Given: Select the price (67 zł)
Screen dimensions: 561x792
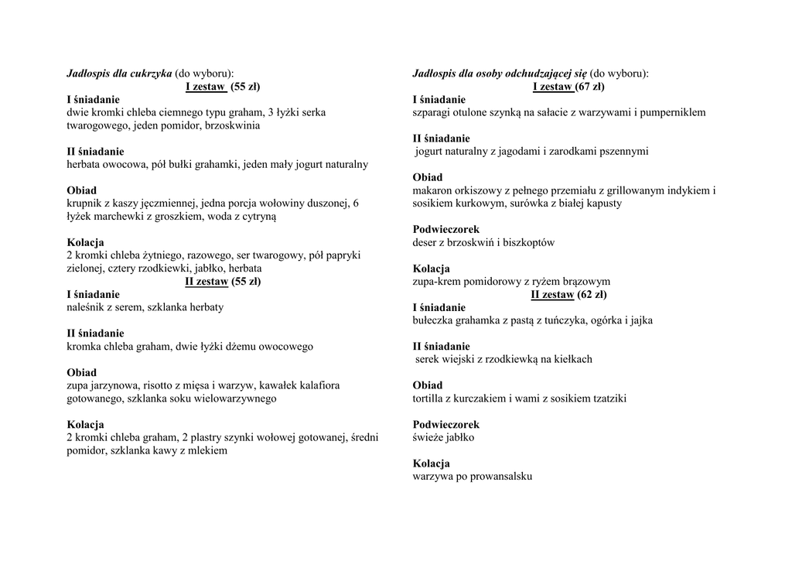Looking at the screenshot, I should point(590,87).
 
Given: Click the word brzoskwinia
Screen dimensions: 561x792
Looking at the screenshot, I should point(233,125).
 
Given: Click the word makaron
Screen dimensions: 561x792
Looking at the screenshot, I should point(433,190).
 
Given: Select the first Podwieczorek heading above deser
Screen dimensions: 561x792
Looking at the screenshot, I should point(446,230).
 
